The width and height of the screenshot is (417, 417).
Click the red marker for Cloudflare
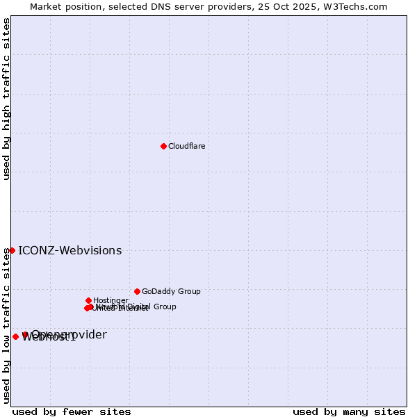pos(163,146)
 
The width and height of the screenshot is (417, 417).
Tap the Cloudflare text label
pos(186,146)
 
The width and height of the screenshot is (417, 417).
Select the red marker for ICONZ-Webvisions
pos(12,250)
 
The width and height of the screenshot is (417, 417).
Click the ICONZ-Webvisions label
pos(69,251)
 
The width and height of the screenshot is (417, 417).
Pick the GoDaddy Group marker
pos(137,291)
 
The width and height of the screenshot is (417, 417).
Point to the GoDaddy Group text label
pos(171,291)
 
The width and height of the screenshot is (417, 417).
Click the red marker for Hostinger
pos(88,300)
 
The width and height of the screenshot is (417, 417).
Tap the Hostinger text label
pos(111,300)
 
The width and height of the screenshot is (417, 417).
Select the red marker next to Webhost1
pos(15,337)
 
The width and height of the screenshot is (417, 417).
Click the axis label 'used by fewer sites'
pos(72,411)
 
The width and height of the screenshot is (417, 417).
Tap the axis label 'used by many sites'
pos(349,411)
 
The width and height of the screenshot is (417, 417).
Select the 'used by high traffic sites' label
pos(6,99)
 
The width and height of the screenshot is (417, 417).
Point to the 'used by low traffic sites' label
pos(6,326)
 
